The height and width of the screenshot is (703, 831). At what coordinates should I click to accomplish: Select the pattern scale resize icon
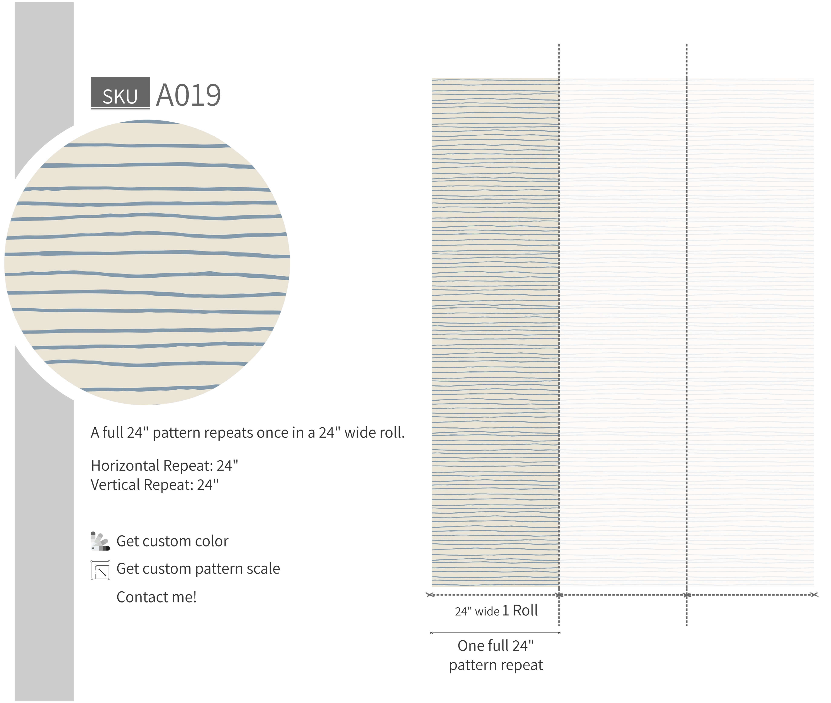click(100, 570)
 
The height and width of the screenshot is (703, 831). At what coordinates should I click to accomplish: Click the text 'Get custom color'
click(172, 541)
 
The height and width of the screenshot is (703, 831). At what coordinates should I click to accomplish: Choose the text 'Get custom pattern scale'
click(198, 569)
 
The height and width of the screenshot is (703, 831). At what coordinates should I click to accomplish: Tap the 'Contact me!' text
click(156, 597)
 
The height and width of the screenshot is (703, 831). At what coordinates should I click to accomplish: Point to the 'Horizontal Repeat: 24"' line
click(164, 466)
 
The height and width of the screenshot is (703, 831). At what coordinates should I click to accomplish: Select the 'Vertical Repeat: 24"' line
click(155, 485)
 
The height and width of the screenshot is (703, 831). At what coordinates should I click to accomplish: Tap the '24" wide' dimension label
click(477, 611)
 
